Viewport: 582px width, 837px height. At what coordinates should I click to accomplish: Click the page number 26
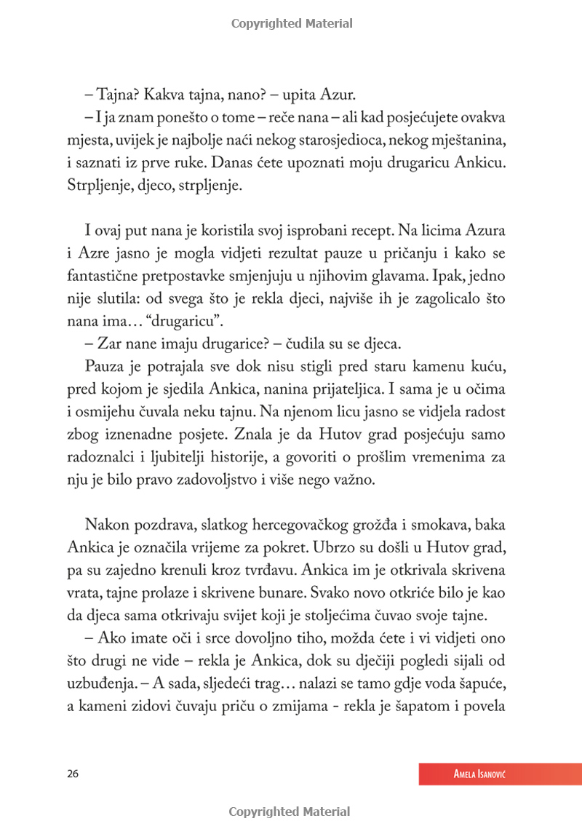[x=71, y=774]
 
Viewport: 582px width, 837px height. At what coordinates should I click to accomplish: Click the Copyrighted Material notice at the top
[x=292, y=23]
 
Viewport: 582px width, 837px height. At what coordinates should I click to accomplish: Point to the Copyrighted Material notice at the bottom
[x=290, y=812]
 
